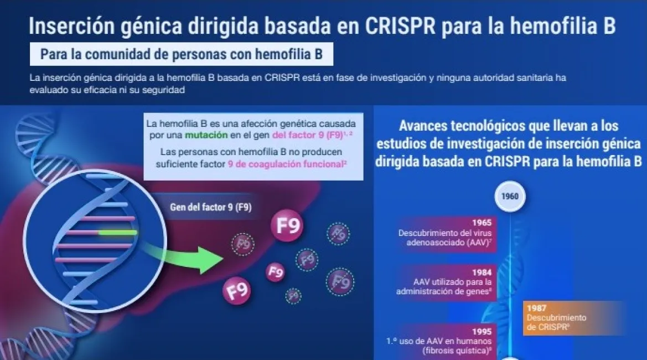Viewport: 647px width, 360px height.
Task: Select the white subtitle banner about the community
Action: tap(182, 54)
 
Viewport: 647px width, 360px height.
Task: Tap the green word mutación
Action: tap(206, 135)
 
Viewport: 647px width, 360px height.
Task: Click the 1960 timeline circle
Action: tap(510, 197)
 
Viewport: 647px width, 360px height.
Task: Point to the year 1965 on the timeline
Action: tap(482, 223)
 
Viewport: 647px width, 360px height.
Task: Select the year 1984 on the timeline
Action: tap(482, 272)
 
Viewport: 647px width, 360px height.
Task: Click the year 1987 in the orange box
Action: tap(536, 308)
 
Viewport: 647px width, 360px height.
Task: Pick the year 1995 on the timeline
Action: tap(482, 332)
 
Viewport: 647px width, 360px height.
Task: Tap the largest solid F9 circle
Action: tap(287, 226)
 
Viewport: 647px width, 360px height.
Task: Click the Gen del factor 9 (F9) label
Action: tap(211, 207)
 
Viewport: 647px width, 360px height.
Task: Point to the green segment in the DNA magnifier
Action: tap(117, 233)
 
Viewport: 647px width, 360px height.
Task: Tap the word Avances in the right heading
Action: tap(422, 126)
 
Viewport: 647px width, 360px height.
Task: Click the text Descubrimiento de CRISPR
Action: tap(556, 322)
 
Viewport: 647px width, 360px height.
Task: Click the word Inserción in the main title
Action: tap(72, 25)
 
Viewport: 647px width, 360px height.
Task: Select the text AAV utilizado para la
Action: tap(453, 282)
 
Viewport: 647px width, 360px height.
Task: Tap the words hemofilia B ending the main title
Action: tap(563, 25)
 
